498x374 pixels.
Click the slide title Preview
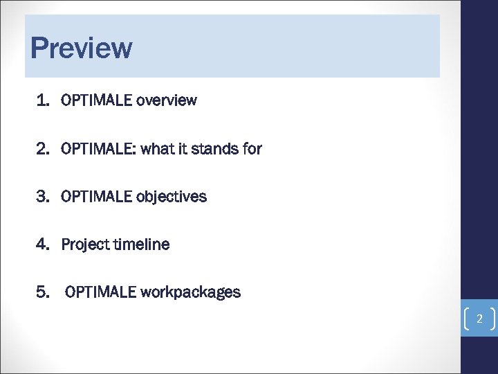click(x=81, y=48)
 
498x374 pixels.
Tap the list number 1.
click(x=43, y=100)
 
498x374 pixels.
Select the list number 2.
click(x=43, y=148)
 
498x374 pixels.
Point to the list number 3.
click(x=43, y=197)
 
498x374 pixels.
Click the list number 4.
click(x=43, y=244)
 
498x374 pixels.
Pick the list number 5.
click(x=43, y=292)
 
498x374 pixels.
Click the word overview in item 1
click(x=167, y=100)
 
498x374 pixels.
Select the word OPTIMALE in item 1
click(x=97, y=100)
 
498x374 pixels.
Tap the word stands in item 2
click(x=214, y=148)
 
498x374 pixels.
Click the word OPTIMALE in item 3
click(x=97, y=197)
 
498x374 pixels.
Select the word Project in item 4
click(x=84, y=244)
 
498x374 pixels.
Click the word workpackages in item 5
click(x=191, y=292)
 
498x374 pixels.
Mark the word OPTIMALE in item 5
click(x=101, y=292)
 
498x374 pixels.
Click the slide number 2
click(x=478, y=319)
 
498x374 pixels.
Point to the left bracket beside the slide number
click(x=465, y=319)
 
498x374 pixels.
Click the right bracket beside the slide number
click(x=491, y=319)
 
